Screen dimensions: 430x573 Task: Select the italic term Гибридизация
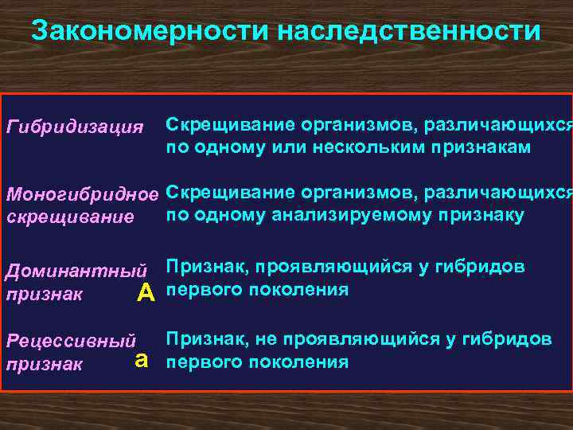tap(75, 127)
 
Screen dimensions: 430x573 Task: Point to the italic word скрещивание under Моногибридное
tap(70, 217)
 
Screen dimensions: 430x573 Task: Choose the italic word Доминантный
tap(77, 271)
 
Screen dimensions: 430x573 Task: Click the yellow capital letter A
tap(146, 294)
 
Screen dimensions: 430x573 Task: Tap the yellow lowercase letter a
tap(142, 360)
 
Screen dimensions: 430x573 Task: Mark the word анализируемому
tap(350, 215)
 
